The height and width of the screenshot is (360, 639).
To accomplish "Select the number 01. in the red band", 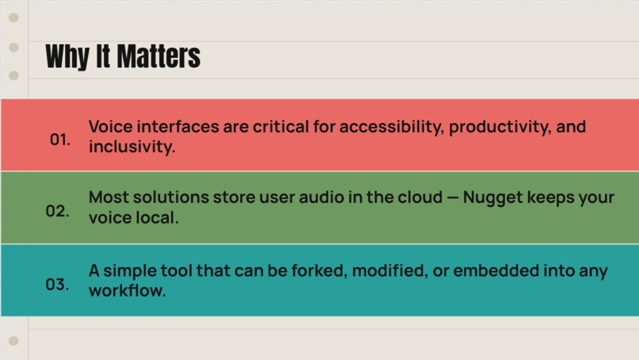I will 59,140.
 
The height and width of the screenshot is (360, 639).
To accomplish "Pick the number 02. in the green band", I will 57,212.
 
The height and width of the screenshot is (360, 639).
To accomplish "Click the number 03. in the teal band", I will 57,284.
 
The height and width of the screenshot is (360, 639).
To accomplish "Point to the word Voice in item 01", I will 110,127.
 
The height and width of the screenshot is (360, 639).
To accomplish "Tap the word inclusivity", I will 132,147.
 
